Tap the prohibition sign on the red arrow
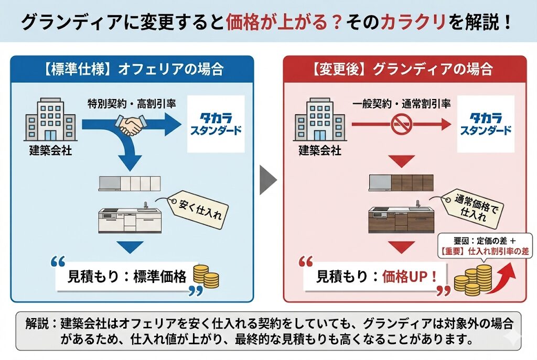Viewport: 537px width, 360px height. point(401,125)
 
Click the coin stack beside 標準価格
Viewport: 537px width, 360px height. point(206,276)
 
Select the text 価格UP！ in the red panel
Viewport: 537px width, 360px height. point(410,277)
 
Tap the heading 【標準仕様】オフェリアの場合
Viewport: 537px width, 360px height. point(134,69)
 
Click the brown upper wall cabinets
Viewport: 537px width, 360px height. point(401,182)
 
